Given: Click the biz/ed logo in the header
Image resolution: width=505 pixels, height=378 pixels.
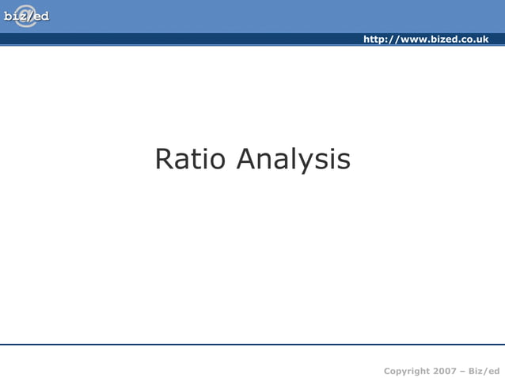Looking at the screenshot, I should (x=26, y=16).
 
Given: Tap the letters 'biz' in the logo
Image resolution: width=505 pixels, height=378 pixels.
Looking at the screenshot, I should (x=14, y=17).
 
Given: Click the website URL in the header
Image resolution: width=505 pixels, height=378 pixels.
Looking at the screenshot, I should (x=425, y=40).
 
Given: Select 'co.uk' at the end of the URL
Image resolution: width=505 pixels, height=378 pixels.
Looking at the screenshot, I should (x=475, y=40).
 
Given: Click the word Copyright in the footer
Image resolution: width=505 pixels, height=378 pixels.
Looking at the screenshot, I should (x=407, y=371).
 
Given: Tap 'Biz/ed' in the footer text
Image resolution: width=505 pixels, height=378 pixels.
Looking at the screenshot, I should (x=484, y=371).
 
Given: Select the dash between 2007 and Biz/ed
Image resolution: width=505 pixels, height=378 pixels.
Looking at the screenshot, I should (x=462, y=371).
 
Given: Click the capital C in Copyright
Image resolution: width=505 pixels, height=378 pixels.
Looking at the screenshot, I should (x=388, y=371).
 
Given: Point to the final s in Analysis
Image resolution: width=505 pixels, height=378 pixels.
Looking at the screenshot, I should (x=344, y=161).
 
